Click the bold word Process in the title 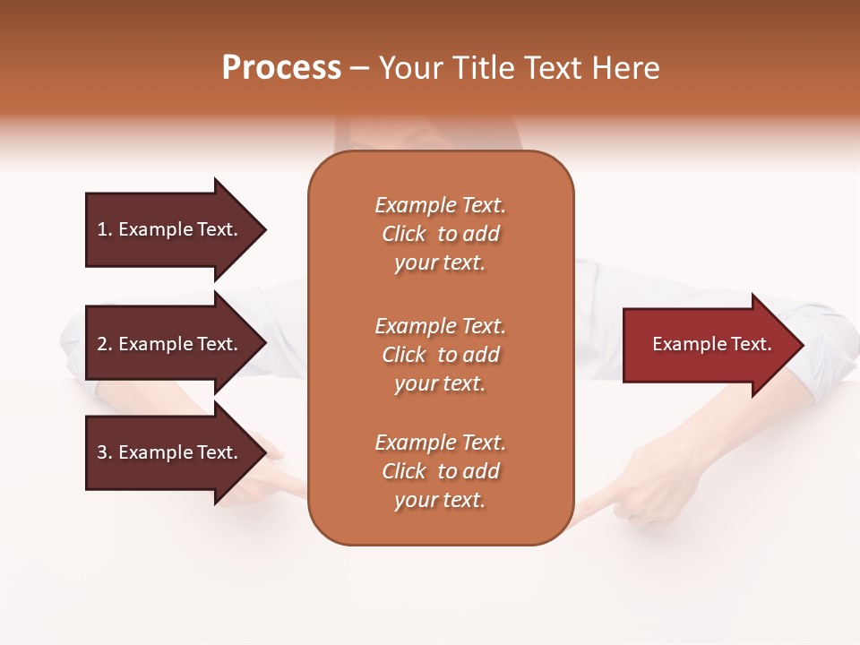point(281,68)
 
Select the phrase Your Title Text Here point(519,68)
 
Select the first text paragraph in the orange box point(440,234)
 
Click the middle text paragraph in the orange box point(440,355)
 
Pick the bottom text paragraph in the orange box point(440,471)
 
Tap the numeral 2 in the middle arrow point(102,344)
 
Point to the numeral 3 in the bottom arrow point(102,452)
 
